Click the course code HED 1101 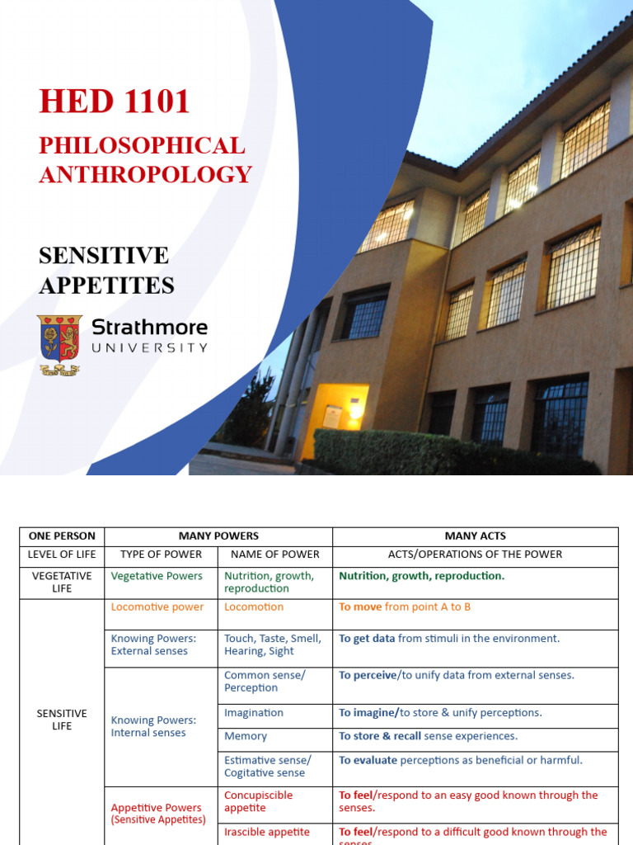point(115,101)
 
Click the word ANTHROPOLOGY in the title point(145,175)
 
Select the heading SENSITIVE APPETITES point(106,271)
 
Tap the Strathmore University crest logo point(59,345)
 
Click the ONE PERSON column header point(62,536)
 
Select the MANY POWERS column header point(218,536)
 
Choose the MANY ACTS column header point(475,536)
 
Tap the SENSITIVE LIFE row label point(62,720)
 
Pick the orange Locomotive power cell point(157,607)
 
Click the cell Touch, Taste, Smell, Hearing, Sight point(272,644)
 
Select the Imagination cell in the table point(254,713)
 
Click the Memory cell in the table point(246,736)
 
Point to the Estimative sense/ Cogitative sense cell point(268,767)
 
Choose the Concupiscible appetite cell point(258,801)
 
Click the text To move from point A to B point(405,607)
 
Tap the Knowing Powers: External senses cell point(153,644)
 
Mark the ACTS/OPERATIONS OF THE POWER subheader point(475,555)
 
